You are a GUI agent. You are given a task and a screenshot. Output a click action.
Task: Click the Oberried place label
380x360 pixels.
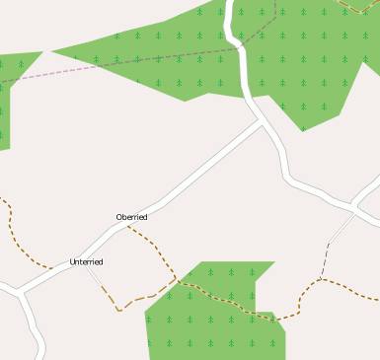coord(131,217)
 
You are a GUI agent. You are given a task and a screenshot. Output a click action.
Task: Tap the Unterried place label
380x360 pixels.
coord(86,262)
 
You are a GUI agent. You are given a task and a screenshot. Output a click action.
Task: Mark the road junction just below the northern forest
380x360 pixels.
coord(263,122)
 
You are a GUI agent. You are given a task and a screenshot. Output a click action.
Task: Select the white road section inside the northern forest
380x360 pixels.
coord(238,49)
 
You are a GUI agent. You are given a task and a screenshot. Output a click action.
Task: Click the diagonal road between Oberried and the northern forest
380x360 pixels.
coord(207,168)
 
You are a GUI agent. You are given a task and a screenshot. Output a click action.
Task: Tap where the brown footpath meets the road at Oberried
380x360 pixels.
coord(128,226)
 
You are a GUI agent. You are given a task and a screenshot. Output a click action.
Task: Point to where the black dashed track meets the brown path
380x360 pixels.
coord(321,278)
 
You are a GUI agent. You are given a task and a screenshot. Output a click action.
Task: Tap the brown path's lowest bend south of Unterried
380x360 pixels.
coord(119,309)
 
